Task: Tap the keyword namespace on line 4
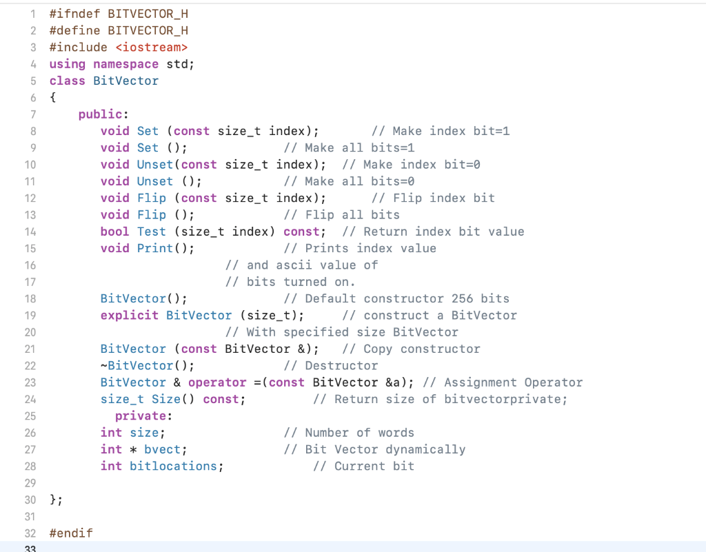click(x=126, y=64)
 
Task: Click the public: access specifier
click(x=100, y=114)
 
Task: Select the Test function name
click(x=152, y=232)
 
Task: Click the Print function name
click(x=155, y=248)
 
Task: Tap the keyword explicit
click(x=130, y=315)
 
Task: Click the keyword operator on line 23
click(x=217, y=382)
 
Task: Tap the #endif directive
click(x=71, y=533)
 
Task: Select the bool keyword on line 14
click(x=114, y=232)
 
